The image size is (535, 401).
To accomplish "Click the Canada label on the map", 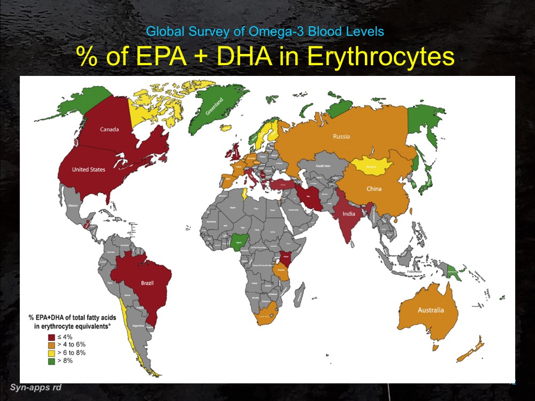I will pos(109,129).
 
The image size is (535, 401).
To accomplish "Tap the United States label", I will pos(89,169).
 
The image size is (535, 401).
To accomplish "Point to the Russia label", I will pos(341,136).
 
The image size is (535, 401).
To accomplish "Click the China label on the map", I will pos(374,189).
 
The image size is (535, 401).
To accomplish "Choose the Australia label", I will pos(431,310).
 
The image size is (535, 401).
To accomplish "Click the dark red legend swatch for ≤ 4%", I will pos(51,337).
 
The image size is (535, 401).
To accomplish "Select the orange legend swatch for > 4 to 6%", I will pos(51,345).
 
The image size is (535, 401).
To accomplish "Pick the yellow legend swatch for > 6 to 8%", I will pos(51,353).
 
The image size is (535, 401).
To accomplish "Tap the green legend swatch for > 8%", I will pos(51,361).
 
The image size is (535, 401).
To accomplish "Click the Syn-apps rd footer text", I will pos(35,387).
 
